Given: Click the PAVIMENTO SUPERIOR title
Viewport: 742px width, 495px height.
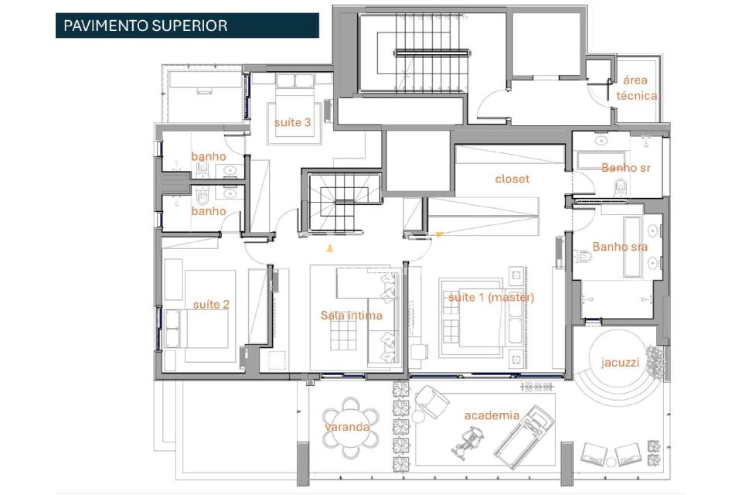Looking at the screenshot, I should coord(145,26).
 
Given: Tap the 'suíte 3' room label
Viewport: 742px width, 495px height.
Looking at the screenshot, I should coord(292,122).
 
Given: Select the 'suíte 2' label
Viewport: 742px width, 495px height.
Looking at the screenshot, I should coord(211,304).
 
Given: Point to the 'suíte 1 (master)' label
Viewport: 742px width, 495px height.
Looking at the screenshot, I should coord(491,297).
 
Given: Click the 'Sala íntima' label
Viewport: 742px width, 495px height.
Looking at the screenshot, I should coord(352,315).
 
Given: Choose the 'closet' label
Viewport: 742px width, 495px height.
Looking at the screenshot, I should coord(512,179).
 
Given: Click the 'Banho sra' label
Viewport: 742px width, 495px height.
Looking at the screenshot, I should coord(620,247).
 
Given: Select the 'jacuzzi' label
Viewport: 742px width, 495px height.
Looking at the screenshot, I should coord(620,362).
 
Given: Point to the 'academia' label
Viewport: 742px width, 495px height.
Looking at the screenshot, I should coord(492,415).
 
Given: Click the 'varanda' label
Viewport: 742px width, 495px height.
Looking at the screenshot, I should coord(347,426).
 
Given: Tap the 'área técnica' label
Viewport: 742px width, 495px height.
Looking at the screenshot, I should coord(637,88).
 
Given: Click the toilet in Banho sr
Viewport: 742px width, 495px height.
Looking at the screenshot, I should coord(620,186).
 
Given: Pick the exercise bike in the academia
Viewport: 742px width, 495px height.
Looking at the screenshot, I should coord(468,444).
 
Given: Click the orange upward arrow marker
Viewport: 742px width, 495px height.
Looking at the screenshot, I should coord(330,248).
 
